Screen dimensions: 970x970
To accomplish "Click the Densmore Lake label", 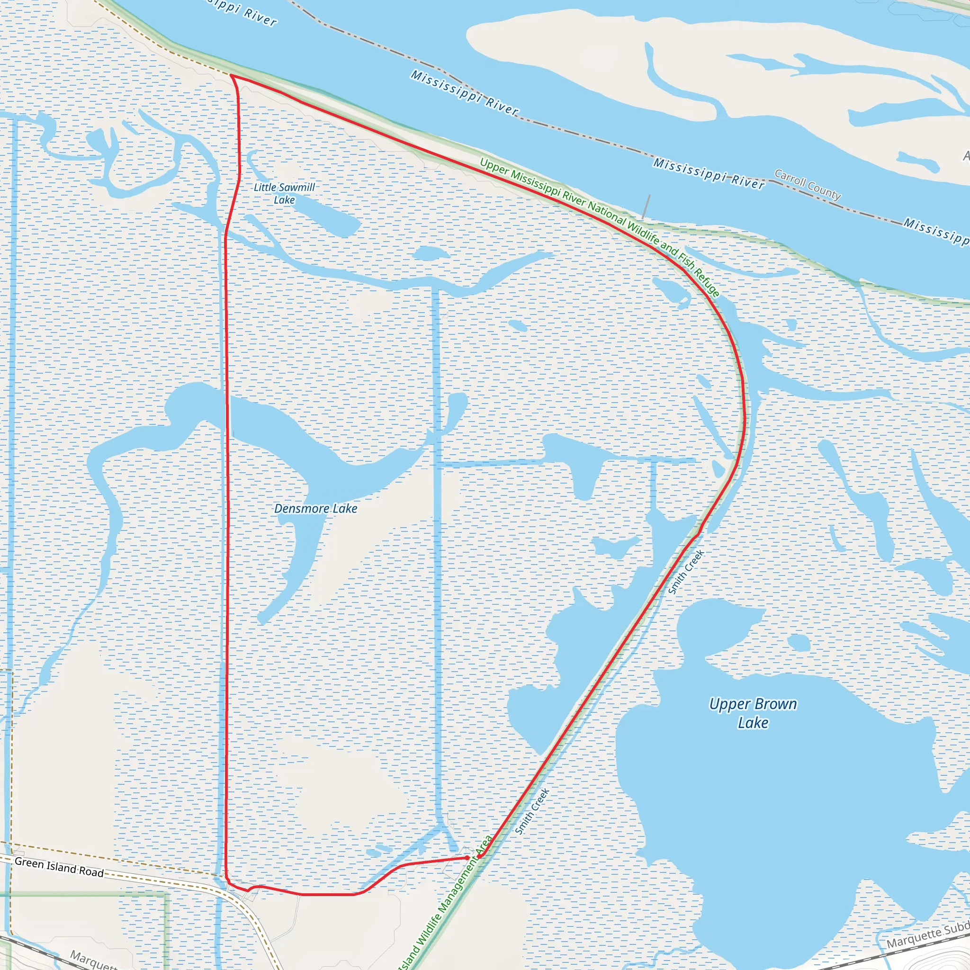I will coord(315,509).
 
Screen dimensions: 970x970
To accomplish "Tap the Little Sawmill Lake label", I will coord(284,193).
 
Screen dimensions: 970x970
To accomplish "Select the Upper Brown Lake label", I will coord(753,713).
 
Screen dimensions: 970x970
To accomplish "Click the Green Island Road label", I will coord(59,867).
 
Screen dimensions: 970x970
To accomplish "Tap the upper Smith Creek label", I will coord(686,572).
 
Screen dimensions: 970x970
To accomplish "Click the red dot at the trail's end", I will coord(467,858).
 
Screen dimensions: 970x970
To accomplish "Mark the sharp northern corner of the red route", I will coord(231,75).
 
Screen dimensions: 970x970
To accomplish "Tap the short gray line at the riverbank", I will coord(646,207).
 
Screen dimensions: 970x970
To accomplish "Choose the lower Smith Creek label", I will coord(532,811).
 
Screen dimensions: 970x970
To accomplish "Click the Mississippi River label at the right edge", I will coord(936,231).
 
